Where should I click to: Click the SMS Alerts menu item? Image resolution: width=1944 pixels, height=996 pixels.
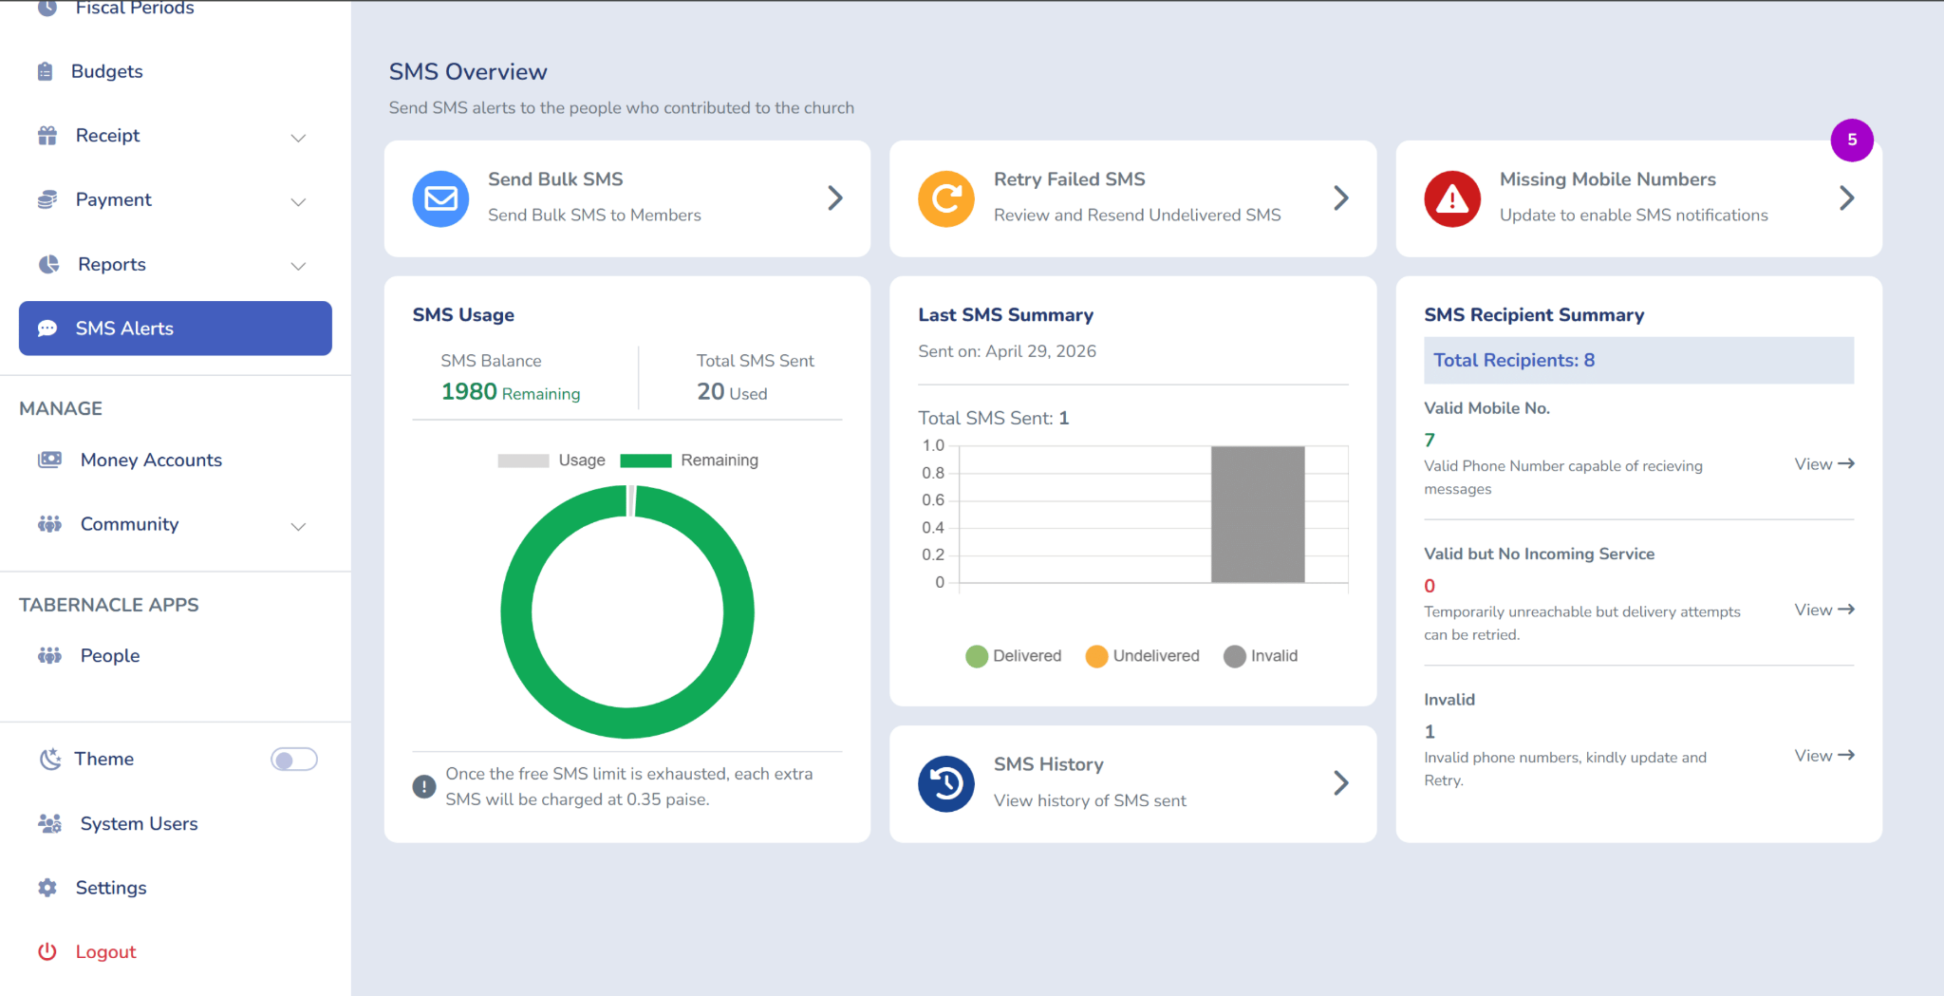[x=176, y=329]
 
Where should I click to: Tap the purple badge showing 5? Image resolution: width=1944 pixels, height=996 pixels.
[x=1851, y=141]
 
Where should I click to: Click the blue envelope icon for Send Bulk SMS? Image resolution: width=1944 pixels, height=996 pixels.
[x=440, y=198]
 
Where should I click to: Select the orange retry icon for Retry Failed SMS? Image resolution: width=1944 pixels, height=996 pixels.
[x=946, y=198]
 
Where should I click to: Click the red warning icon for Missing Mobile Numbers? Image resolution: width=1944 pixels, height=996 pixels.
[x=1452, y=198]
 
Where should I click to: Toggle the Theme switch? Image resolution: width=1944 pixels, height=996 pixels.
[x=294, y=760]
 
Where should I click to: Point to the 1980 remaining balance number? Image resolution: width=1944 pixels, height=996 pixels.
[x=469, y=391]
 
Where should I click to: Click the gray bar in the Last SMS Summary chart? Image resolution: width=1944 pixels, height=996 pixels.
[x=1258, y=514]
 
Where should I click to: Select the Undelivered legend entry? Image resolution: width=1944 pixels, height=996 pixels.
[x=1143, y=656]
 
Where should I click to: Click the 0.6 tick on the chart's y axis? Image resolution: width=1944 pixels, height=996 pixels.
[x=933, y=500]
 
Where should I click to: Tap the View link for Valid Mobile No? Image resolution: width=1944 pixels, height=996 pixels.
[x=1824, y=464]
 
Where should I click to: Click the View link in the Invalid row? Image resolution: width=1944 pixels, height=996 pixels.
[x=1824, y=756]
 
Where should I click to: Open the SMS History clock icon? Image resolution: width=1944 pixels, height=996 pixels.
[x=946, y=783]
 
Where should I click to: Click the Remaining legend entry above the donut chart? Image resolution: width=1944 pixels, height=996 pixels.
[x=689, y=460]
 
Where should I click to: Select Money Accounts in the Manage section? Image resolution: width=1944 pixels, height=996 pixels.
[x=130, y=460]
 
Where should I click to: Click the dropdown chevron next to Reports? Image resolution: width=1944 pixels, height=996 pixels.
[x=298, y=266]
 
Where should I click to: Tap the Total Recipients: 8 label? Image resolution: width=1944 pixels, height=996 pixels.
[x=1514, y=360]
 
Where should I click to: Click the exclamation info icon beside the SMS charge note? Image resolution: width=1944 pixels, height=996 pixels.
[x=424, y=786]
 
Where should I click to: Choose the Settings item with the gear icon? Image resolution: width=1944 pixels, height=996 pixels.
[x=92, y=888]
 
